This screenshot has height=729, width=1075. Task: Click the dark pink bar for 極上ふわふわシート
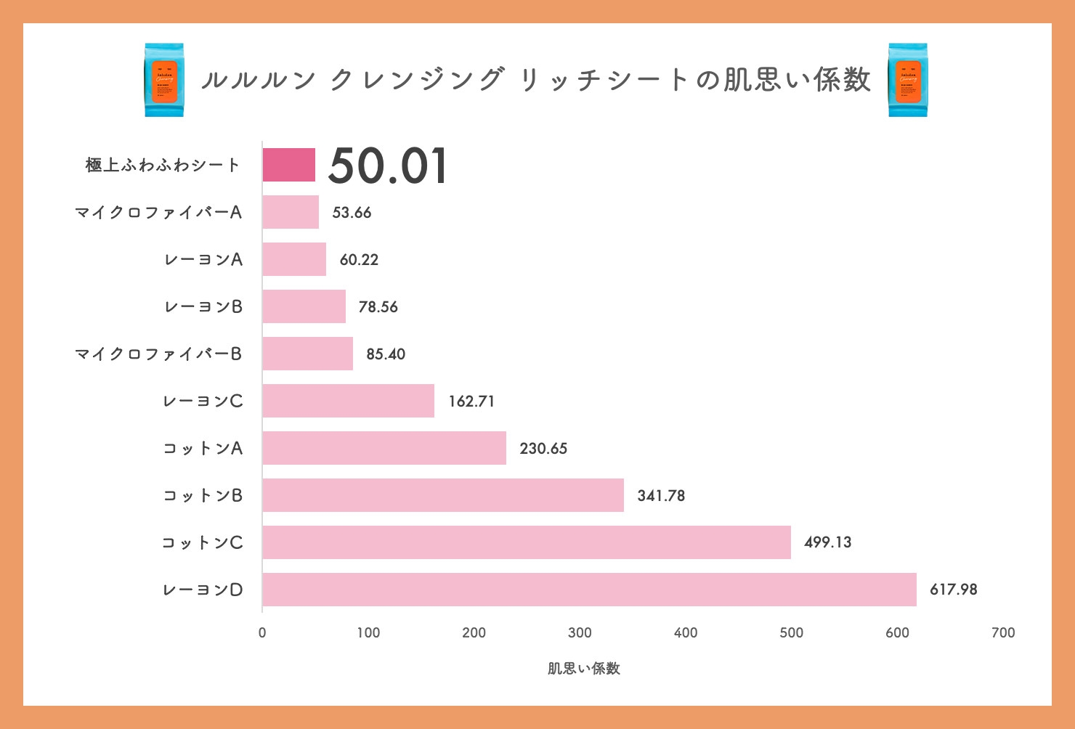pos(289,165)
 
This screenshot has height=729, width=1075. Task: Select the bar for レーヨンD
pos(589,590)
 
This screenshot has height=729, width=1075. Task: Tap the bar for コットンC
pos(527,542)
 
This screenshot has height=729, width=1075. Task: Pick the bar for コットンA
pos(384,448)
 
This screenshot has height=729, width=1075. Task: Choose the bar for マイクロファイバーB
pos(308,354)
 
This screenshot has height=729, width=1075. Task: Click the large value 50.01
pos(388,166)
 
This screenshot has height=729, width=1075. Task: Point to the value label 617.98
pos(953,590)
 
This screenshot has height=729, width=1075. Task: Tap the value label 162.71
pos(471,402)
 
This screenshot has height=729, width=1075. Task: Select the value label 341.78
pos(661,496)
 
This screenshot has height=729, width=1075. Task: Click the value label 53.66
pos(352,213)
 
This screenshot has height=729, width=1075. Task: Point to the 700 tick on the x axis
pos(1003,632)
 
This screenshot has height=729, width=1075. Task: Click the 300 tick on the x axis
pos(580,632)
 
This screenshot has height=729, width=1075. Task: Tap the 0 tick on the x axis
pos(262,632)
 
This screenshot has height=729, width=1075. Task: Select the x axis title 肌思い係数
pos(584,669)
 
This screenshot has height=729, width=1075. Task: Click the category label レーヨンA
pos(203,260)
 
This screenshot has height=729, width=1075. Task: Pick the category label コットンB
pos(203,496)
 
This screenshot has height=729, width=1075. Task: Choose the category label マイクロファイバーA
pos(158,213)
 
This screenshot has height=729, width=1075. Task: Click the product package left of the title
pos(164,80)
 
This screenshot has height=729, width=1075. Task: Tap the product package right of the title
pos(908,80)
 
